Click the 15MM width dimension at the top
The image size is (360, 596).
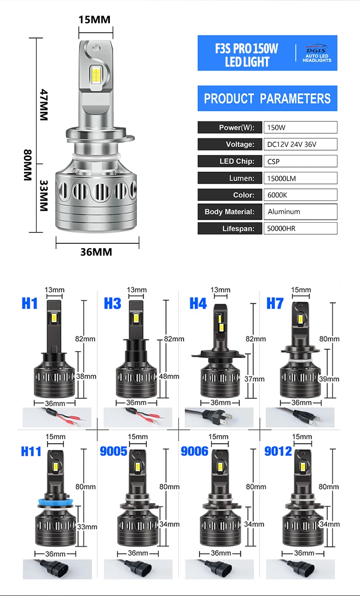95,19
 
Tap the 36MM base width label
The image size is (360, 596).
96,252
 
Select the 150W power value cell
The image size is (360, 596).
300,128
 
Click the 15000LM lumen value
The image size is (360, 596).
300,178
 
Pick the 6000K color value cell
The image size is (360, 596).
300,195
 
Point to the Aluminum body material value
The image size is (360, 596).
300,212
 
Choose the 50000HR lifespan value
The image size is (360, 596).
300,228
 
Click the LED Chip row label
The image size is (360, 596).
230,161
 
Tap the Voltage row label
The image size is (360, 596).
230,144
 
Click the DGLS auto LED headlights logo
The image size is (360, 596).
317,53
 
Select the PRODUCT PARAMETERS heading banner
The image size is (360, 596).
267,98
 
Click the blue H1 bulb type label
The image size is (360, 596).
30,303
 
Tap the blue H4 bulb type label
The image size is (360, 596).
198,303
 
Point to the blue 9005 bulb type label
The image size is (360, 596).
114,452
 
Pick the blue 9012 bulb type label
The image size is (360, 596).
278,452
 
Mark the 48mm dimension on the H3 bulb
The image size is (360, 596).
169,377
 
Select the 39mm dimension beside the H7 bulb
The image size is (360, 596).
329,379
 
